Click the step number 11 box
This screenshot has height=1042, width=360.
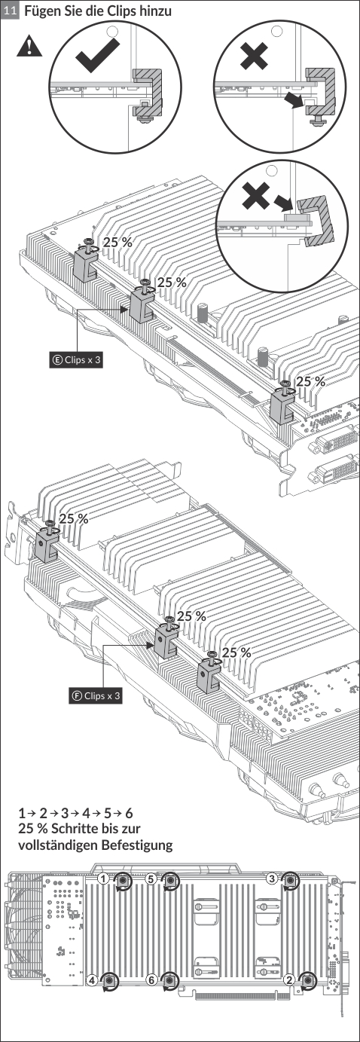coord(10,11)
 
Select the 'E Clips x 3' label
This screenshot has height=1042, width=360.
coord(76,359)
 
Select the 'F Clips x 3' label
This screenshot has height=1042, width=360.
coord(96,696)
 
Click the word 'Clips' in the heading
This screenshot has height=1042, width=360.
coord(120,11)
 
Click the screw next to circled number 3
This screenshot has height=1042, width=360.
coord(291,880)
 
